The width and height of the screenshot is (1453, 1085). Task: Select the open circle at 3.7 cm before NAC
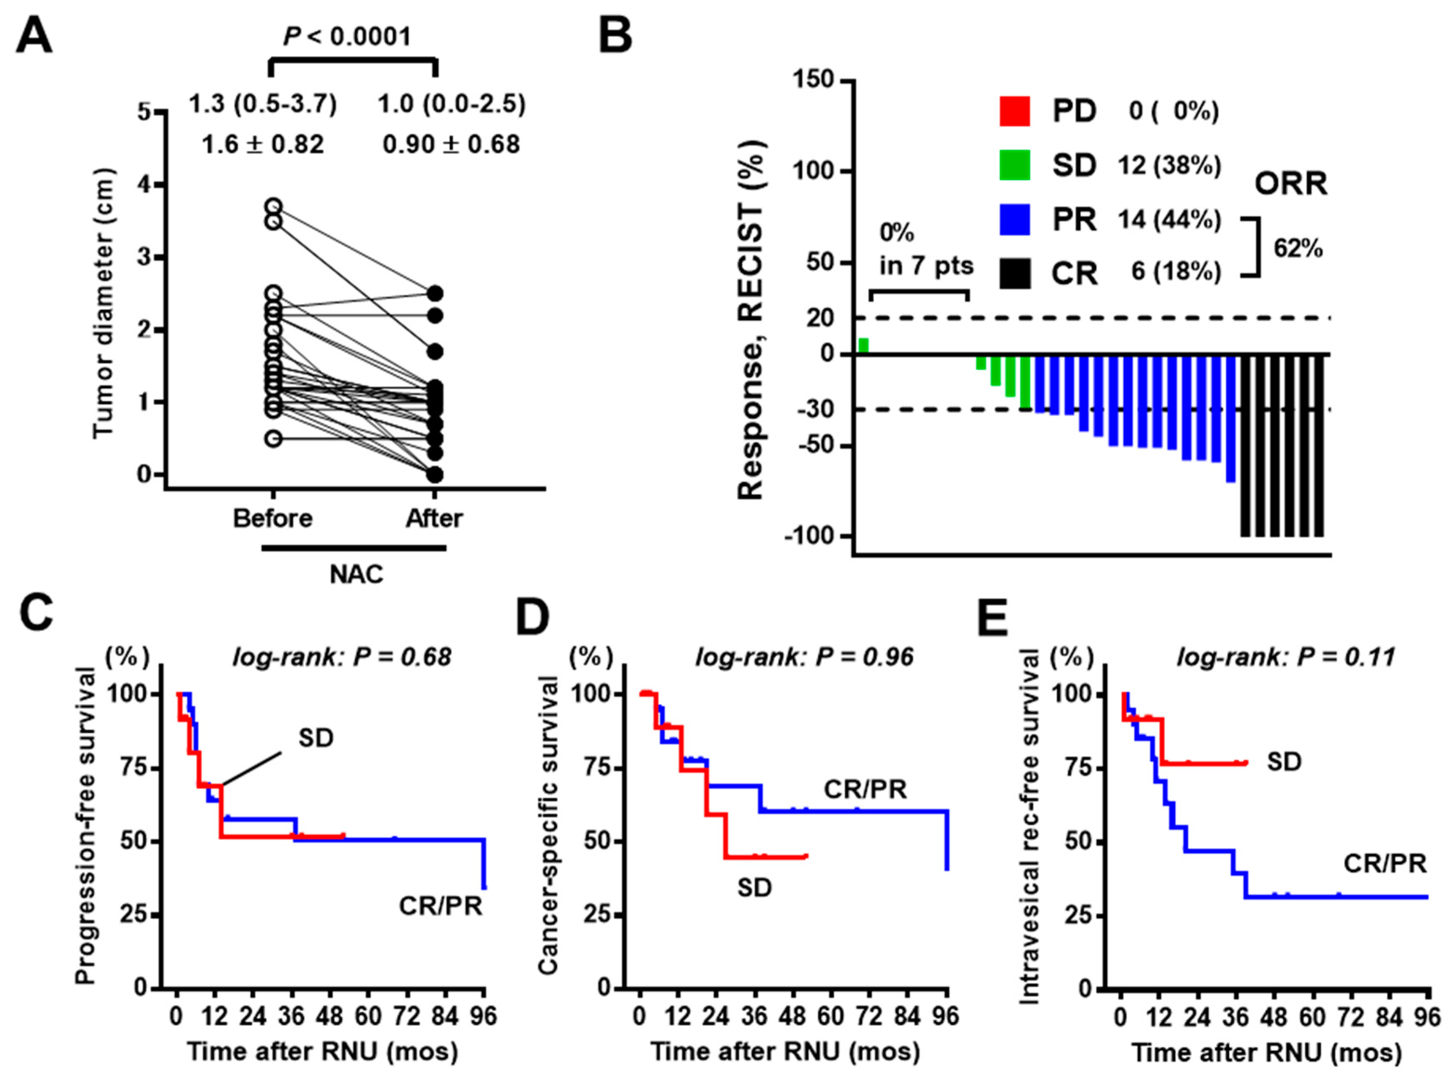[274, 206]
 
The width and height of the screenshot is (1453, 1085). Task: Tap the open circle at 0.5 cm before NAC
[274, 439]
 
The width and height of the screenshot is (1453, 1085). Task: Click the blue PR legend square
[1014, 220]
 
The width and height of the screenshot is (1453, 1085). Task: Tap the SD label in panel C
[316, 738]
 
